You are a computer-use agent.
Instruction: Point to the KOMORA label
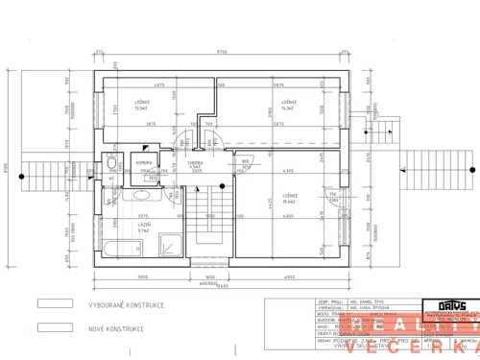click(x=148, y=163)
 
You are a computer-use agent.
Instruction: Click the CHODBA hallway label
click(x=196, y=164)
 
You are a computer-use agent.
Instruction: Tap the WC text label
click(x=112, y=165)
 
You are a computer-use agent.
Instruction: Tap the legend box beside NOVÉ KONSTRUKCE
click(x=55, y=327)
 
